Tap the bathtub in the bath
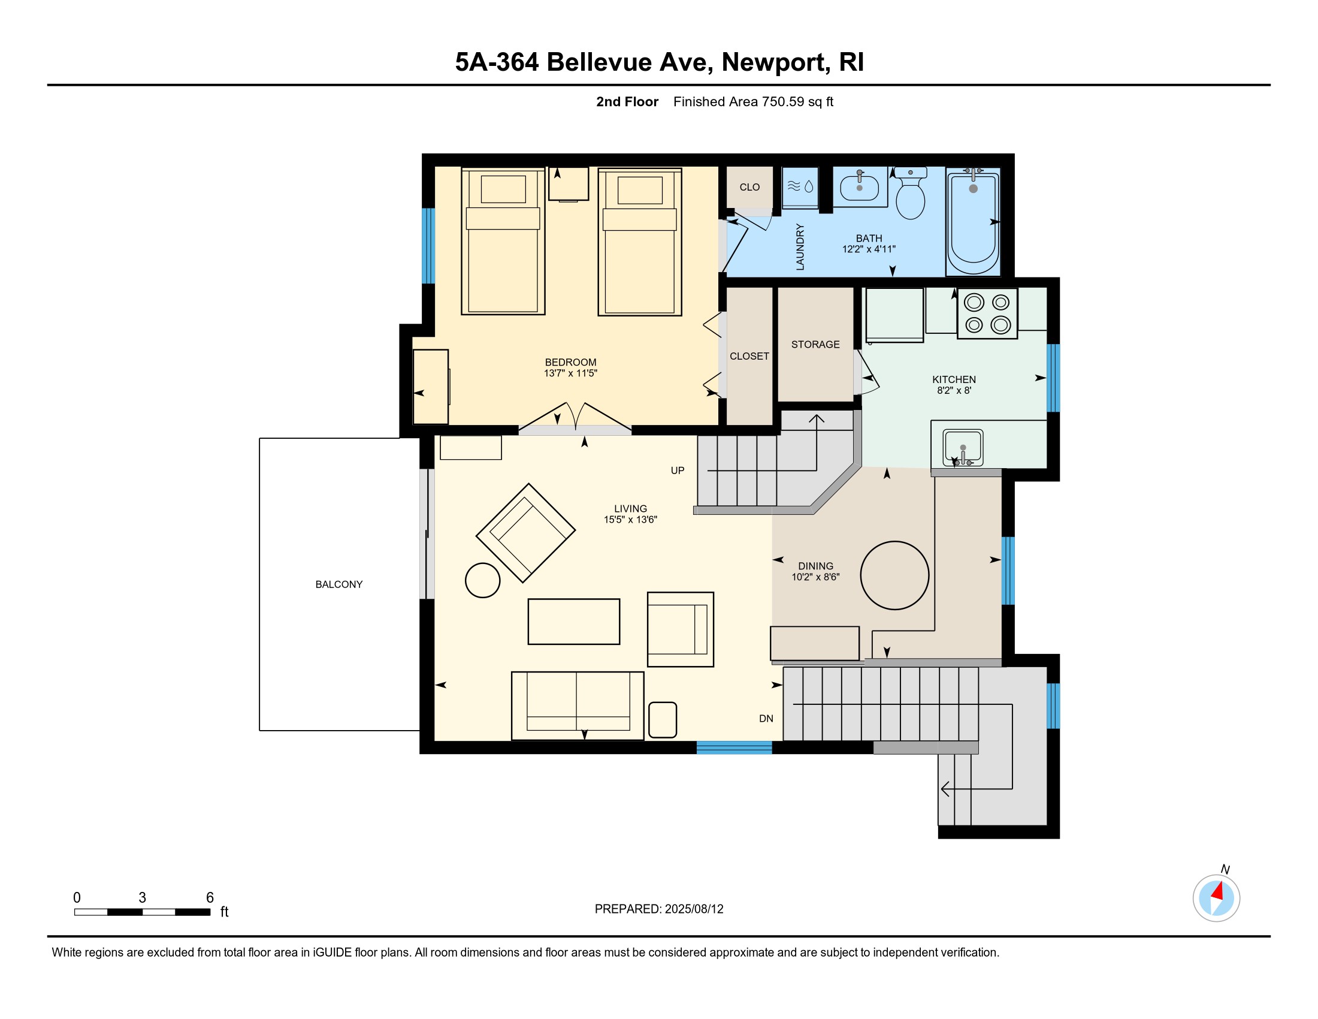(x=973, y=223)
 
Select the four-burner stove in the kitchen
(x=987, y=313)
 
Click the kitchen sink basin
(x=963, y=447)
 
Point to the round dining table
(x=894, y=575)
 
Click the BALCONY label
(x=339, y=584)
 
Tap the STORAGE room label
(x=815, y=345)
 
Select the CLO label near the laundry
(x=749, y=187)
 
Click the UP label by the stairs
(x=678, y=471)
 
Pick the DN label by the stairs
(x=766, y=718)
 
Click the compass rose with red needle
(x=1216, y=898)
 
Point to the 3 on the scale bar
(x=143, y=897)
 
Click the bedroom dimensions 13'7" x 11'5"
(x=570, y=373)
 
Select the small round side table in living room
(x=483, y=580)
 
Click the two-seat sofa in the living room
(x=578, y=706)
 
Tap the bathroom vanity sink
(x=859, y=186)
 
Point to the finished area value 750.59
(x=783, y=101)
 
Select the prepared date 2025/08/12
(x=694, y=909)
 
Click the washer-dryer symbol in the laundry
(x=800, y=187)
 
